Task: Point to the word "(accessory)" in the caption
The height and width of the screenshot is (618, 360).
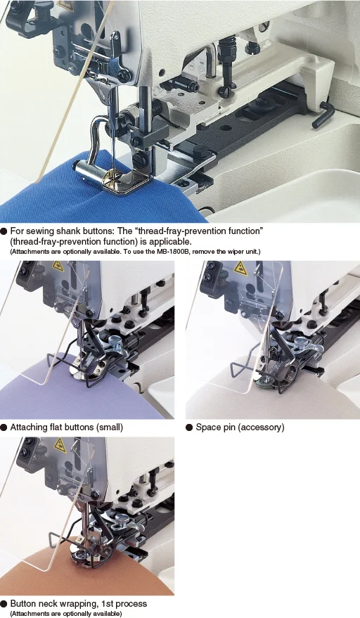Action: point(261,427)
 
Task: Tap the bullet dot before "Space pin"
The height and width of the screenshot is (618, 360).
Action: point(189,427)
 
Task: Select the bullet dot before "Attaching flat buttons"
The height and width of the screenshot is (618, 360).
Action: point(4,427)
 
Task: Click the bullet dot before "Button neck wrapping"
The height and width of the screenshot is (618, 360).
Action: point(4,604)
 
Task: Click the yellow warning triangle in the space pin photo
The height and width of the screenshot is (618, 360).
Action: point(240,268)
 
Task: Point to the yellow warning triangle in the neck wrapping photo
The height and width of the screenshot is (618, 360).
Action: point(60,444)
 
